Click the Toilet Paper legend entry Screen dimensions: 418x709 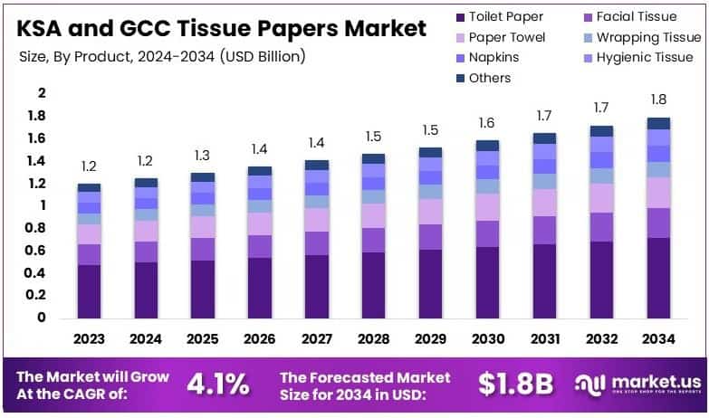click(x=505, y=16)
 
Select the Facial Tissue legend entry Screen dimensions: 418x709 click(x=643, y=16)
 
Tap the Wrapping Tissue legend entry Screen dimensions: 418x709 click(x=648, y=37)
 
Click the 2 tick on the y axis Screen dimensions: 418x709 click(x=41, y=93)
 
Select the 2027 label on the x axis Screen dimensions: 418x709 click(x=317, y=339)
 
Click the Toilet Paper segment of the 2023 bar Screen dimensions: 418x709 click(x=89, y=290)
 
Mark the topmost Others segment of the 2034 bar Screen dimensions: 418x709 click(x=658, y=123)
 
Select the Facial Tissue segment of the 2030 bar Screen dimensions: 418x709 click(x=487, y=233)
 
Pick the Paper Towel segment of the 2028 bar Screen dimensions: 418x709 click(x=373, y=215)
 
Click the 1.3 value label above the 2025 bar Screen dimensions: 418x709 click(x=203, y=155)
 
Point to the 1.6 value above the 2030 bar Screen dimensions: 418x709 click(x=487, y=123)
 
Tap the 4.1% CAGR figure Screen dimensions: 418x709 click(x=217, y=384)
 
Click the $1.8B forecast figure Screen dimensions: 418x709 click(x=515, y=384)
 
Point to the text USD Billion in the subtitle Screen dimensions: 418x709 click(x=262, y=56)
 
